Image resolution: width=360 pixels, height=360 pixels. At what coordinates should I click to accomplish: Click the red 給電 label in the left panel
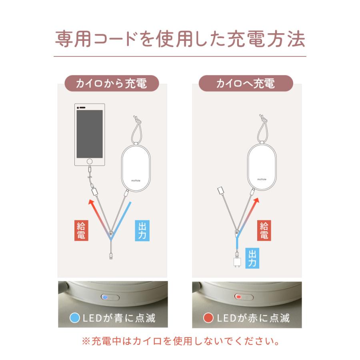[81, 230]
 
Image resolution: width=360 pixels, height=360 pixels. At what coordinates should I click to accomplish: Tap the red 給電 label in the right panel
[264, 230]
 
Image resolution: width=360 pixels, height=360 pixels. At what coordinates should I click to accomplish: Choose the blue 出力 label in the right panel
[252, 258]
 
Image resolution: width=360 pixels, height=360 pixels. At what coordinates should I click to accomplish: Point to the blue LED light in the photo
[105, 297]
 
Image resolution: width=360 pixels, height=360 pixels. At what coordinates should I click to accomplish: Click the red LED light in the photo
[239, 297]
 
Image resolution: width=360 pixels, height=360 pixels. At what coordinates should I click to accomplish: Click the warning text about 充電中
[180, 342]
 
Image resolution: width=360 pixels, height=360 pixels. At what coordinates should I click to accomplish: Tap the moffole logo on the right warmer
[262, 180]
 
